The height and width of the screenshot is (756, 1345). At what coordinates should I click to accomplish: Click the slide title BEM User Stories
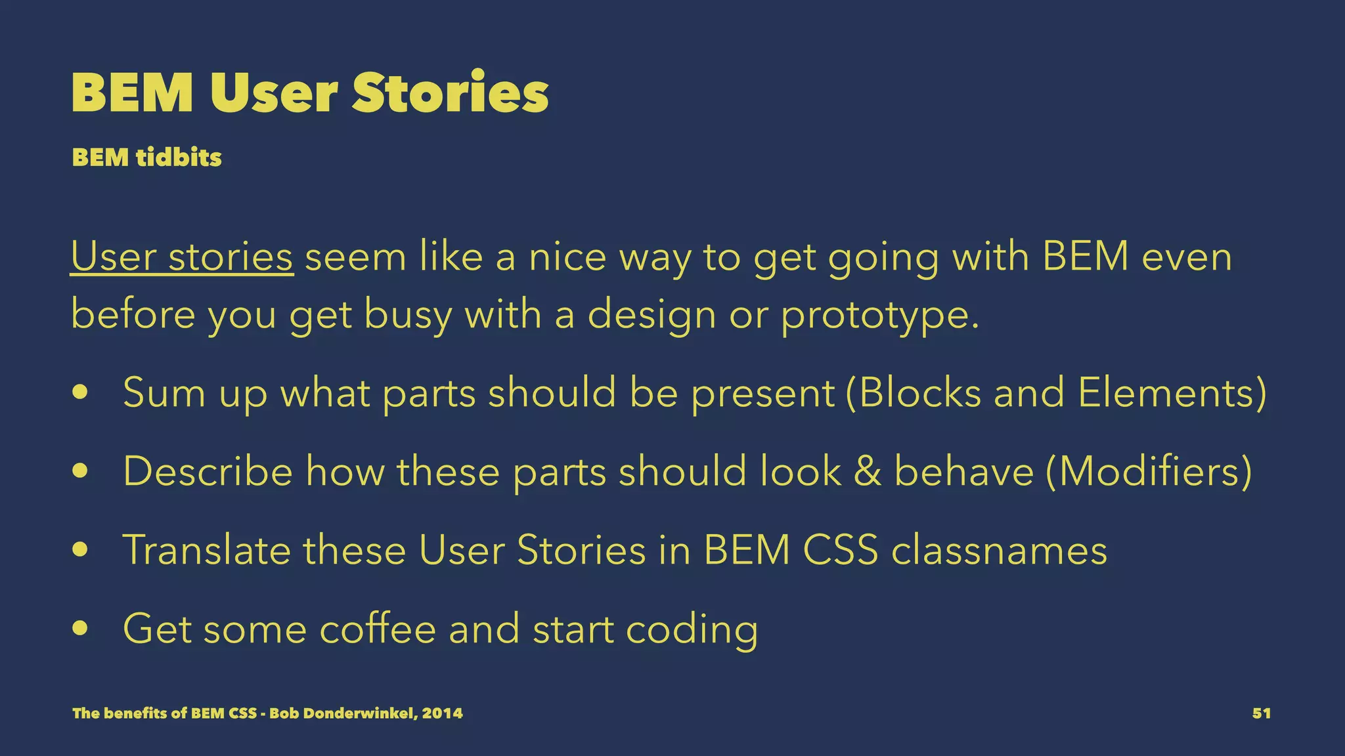310,93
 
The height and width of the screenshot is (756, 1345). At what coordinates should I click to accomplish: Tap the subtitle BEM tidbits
147,157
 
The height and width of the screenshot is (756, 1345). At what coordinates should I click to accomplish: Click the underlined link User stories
182,257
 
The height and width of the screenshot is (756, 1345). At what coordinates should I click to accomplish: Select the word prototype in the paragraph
879,315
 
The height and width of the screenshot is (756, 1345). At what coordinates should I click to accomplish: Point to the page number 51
1261,713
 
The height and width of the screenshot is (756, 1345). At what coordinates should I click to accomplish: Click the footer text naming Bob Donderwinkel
267,713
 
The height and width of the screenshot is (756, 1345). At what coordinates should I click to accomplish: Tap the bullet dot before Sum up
81,392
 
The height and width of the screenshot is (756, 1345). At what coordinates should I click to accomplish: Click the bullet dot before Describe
81,471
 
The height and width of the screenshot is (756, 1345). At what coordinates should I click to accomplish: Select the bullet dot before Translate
81,549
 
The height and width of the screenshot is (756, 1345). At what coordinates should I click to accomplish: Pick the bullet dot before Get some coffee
81,628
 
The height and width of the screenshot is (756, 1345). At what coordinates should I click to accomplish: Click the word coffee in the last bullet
378,628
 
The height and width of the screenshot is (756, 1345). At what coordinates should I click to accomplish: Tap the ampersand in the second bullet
867,471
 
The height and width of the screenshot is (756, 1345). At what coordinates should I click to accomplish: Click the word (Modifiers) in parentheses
1149,471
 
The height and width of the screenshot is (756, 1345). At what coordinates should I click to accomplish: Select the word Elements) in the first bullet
1172,392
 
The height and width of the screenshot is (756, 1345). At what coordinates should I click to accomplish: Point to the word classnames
999,549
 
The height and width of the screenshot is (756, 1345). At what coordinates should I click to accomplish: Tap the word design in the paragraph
651,315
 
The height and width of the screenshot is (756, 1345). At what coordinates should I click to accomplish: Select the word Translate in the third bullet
206,549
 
